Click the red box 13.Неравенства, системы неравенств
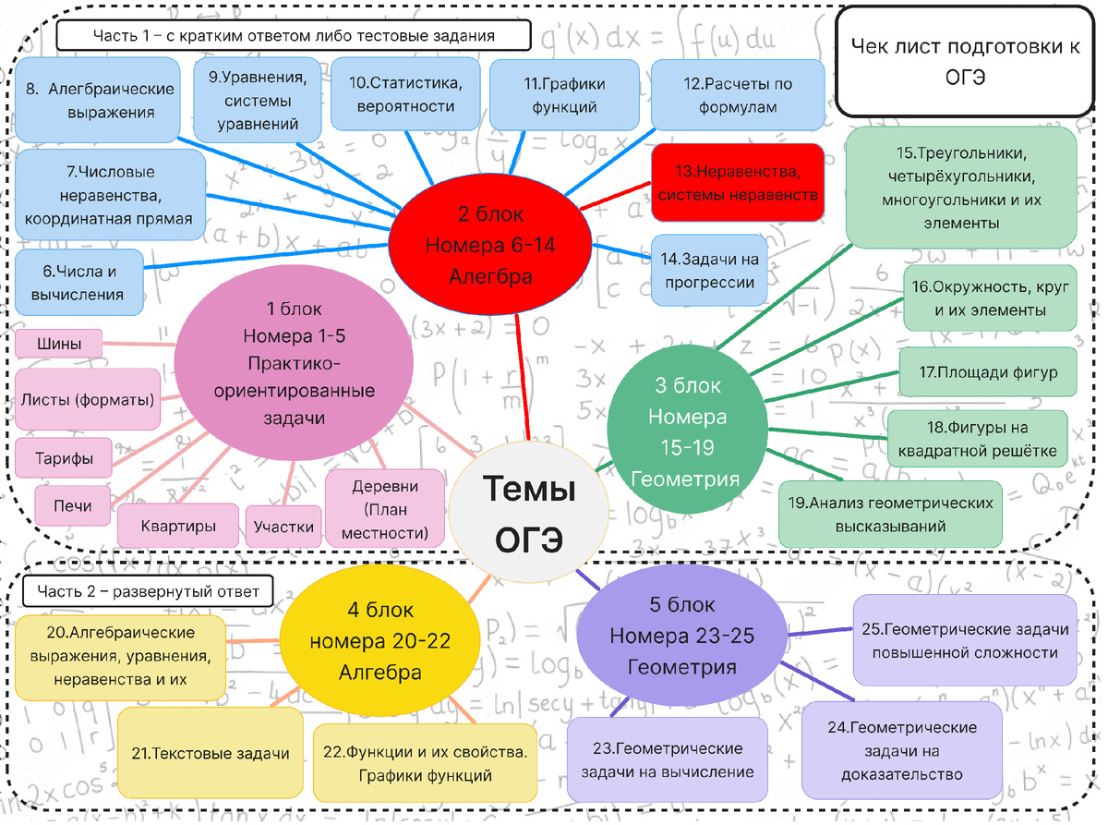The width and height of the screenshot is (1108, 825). (x=737, y=183)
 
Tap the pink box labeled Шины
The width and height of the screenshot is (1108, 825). (x=59, y=345)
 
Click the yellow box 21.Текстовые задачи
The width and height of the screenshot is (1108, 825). (x=210, y=753)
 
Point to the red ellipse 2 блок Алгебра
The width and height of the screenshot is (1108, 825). (x=490, y=245)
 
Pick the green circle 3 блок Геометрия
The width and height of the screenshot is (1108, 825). (x=687, y=431)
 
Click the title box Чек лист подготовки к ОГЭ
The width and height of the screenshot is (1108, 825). (x=966, y=61)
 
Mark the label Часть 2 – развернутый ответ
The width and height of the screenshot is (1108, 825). (x=147, y=590)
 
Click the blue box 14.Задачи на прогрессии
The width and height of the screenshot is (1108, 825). (x=709, y=270)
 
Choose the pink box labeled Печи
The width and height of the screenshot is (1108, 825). (x=72, y=506)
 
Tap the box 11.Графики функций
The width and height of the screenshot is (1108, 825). (x=564, y=95)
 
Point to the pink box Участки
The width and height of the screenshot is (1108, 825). (x=283, y=527)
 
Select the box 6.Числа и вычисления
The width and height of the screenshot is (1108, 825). (x=79, y=283)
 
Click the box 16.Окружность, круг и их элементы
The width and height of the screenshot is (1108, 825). (x=990, y=298)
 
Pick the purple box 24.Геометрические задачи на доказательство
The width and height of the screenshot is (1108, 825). (x=901, y=750)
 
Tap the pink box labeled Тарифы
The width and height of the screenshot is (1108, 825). (x=63, y=458)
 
